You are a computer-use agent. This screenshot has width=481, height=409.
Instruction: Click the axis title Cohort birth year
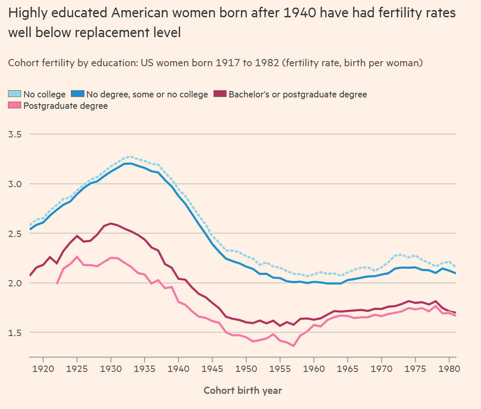(x=243, y=390)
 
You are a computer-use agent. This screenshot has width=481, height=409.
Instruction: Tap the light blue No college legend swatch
(x=15, y=94)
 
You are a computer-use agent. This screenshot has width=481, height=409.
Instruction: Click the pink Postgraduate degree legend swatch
(x=15, y=105)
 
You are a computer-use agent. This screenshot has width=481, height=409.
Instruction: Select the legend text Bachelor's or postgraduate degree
(x=297, y=94)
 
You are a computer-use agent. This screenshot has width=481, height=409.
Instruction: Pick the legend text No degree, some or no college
(x=147, y=94)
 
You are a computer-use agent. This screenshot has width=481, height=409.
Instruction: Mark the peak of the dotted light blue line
(x=131, y=156)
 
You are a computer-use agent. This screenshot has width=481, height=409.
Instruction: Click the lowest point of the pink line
(x=294, y=346)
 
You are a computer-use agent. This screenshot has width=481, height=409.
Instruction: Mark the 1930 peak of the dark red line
(x=111, y=223)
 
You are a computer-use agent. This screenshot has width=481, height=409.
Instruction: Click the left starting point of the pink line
(x=57, y=284)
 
